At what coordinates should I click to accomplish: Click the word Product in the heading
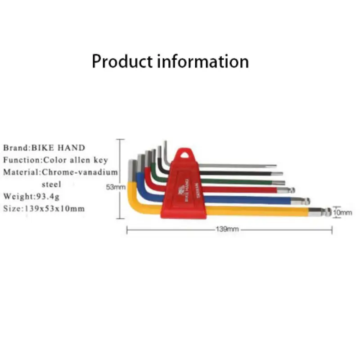click(x=122, y=61)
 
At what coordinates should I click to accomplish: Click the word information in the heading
click(x=203, y=61)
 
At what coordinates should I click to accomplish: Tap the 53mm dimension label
click(x=116, y=187)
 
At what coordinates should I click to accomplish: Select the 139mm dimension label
click(x=227, y=229)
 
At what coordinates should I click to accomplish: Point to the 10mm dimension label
click(x=342, y=212)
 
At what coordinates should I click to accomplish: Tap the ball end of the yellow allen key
click(x=328, y=211)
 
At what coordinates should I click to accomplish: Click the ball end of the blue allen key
click(x=307, y=201)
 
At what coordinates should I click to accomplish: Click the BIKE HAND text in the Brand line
click(x=58, y=148)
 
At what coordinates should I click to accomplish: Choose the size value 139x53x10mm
click(x=54, y=209)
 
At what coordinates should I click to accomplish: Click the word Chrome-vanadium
click(x=80, y=172)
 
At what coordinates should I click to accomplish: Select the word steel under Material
click(x=51, y=184)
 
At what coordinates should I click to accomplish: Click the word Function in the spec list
click(x=22, y=160)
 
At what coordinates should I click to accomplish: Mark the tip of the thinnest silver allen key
click(x=276, y=165)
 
